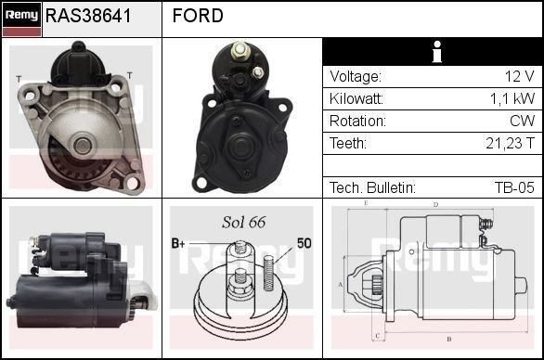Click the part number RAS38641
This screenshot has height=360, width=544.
[x=88, y=16]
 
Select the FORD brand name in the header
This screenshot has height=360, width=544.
[x=198, y=16]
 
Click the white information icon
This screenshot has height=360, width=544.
[x=433, y=52]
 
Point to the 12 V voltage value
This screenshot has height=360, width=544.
[x=519, y=77]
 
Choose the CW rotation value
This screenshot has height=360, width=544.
[x=522, y=122]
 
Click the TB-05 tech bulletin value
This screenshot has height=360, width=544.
[x=514, y=188]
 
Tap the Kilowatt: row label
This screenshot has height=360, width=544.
[x=357, y=99]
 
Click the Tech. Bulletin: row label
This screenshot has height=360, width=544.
[x=372, y=188]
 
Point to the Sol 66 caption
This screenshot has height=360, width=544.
[x=244, y=222]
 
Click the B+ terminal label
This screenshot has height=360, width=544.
[x=178, y=244]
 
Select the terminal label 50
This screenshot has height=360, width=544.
[x=304, y=243]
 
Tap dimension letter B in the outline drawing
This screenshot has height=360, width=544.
[x=448, y=339]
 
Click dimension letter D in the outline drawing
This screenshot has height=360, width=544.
[x=435, y=204]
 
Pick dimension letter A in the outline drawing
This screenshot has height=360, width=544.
[x=341, y=284]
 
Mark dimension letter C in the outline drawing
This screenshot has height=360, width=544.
[x=377, y=335]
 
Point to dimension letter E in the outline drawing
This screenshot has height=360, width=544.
[x=367, y=202]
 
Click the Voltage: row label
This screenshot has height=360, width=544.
[x=355, y=77]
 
